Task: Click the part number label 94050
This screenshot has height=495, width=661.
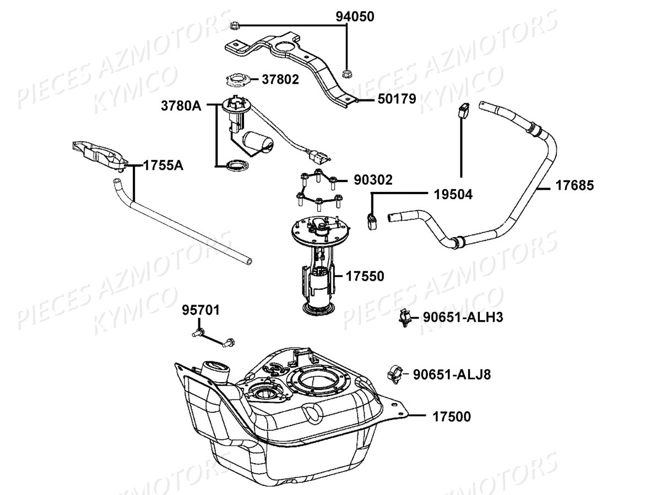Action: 355,16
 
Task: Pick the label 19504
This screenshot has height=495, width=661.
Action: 453,194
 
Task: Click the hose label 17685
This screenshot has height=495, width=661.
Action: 575,185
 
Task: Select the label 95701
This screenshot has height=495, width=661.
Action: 201,311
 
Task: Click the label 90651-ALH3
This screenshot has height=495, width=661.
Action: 463,317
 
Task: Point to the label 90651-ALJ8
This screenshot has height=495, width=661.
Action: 451,375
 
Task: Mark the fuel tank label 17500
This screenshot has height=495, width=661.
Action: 452,416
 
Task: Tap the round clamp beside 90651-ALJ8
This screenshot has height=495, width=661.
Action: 396,374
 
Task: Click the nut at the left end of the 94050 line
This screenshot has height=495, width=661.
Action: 233,25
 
